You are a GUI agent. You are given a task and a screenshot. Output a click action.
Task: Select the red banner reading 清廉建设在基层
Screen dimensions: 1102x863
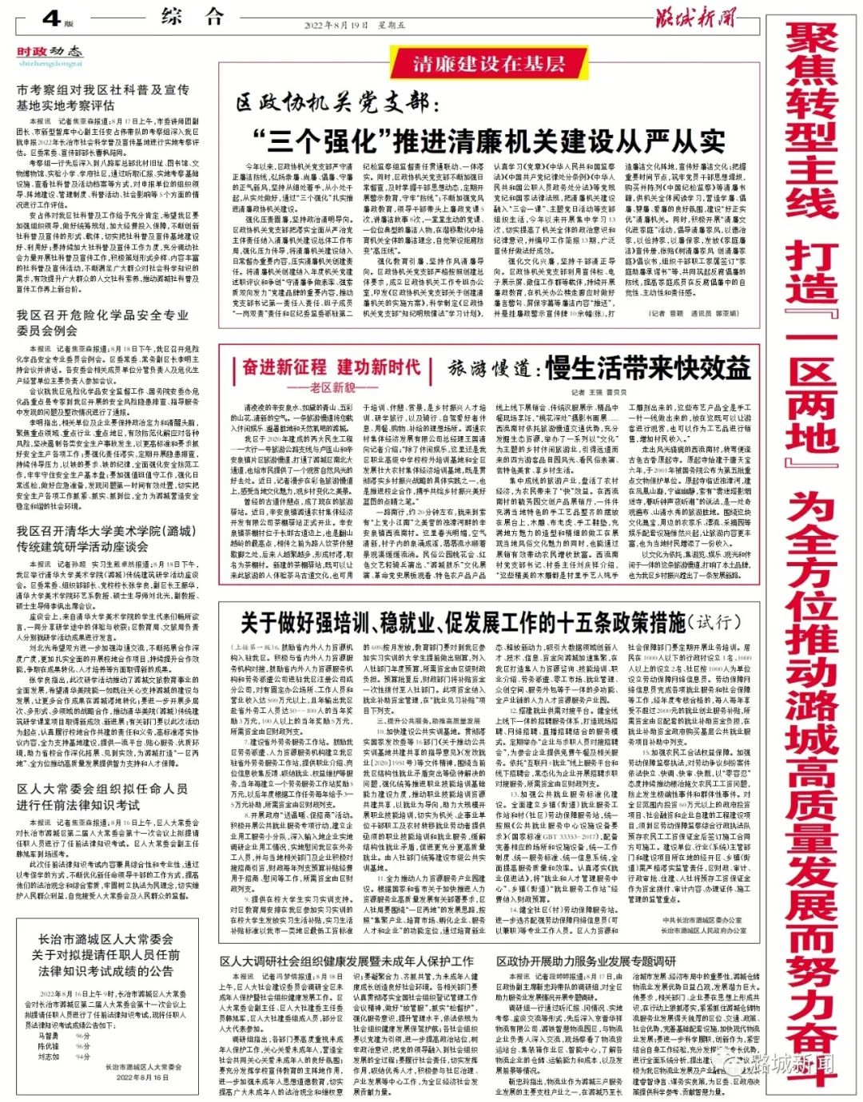point(489,64)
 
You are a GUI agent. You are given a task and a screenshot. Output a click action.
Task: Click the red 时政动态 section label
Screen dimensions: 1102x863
point(50,53)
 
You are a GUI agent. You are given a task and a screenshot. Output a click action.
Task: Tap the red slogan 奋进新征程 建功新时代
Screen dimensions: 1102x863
point(331,367)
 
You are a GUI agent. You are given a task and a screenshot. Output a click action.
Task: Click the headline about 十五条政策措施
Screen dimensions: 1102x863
point(487,622)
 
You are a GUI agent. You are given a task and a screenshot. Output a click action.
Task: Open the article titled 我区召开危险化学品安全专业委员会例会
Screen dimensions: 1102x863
point(102,323)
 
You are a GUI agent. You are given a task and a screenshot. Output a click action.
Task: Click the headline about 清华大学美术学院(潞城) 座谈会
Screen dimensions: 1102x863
point(105,539)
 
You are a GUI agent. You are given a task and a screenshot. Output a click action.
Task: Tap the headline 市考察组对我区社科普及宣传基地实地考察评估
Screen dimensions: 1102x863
point(103,97)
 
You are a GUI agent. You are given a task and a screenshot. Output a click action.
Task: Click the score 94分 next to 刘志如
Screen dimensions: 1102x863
point(82,1056)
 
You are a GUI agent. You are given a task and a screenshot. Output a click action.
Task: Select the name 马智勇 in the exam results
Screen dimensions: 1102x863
point(48,1036)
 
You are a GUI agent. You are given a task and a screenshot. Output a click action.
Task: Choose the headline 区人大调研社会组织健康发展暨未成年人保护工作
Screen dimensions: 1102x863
point(347,961)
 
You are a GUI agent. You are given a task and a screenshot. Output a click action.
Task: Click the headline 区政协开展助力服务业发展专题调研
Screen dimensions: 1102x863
point(586,961)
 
